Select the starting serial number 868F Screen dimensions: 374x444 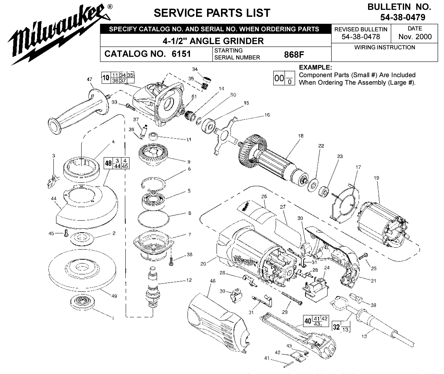(294, 55)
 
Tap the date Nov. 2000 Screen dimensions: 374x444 (415, 37)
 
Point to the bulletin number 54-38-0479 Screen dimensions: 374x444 (403, 17)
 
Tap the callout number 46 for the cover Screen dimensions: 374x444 (213, 281)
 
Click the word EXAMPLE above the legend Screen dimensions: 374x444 (315, 68)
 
